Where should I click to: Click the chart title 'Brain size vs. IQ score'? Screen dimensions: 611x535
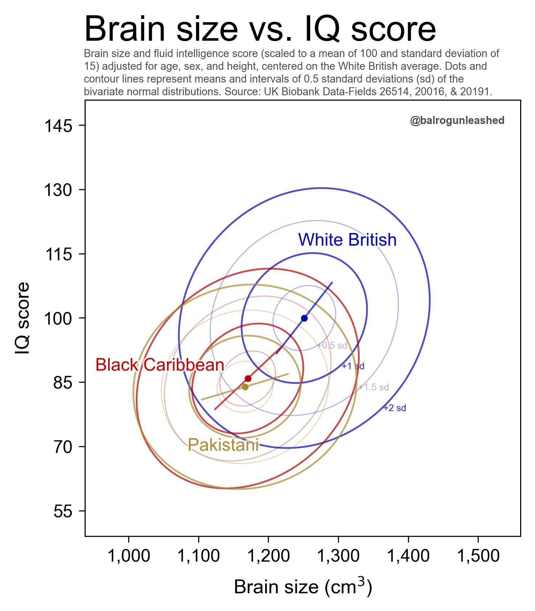[x=260, y=29]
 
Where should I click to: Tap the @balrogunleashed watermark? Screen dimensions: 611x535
[x=457, y=121]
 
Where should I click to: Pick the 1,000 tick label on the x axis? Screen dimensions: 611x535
[x=129, y=556]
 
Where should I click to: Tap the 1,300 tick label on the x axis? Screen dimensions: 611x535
[x=339, y=556]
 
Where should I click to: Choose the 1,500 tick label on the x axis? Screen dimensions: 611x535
[x=478, y=556]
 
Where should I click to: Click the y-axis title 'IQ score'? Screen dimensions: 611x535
[x=23, y=318]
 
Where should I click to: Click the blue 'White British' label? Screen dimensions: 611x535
[x=347, y=240]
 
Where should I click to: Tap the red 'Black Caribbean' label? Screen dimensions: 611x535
[x=160, y=365]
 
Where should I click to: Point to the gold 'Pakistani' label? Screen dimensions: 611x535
[x=223, y=445]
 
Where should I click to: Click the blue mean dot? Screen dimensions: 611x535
[x=304, y=318]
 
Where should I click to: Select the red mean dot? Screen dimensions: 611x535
[x=248, y=379]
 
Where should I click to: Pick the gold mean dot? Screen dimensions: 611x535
[x=245, y=387]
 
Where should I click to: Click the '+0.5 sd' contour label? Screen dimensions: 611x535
[x=332, y=346]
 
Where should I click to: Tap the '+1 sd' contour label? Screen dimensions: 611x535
[x=353, y=366]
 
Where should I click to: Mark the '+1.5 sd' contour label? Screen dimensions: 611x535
[x=374, y=387]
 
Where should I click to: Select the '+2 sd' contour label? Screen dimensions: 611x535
[x=395, y=408]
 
